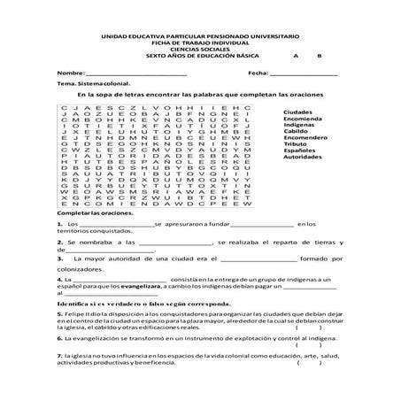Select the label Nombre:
[x=70, y=73]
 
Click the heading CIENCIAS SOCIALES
[x=201, y=49]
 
